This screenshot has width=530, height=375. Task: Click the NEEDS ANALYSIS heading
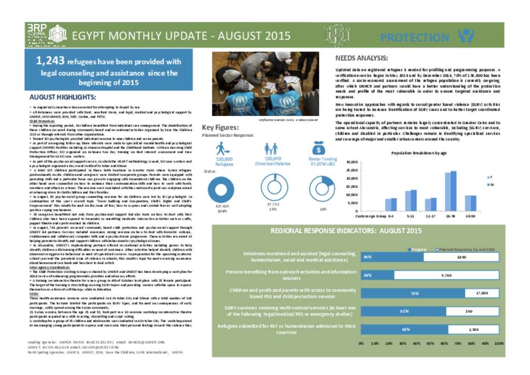[362, 59]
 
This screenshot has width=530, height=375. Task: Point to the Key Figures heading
[220, 127]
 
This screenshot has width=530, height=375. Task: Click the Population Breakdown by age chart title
[419, 153]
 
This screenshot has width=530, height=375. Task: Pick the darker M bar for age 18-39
[454, 190]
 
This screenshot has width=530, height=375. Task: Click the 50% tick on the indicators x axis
[430, 343]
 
